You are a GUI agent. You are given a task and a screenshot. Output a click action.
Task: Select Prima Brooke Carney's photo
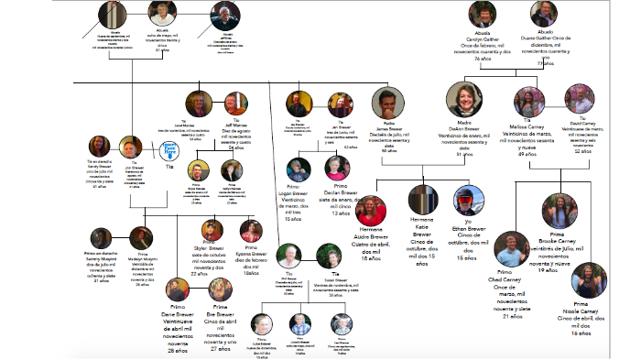556,209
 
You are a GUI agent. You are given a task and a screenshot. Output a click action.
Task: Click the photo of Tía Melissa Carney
524,101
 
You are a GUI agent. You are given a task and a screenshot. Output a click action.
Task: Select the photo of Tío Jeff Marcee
235,103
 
